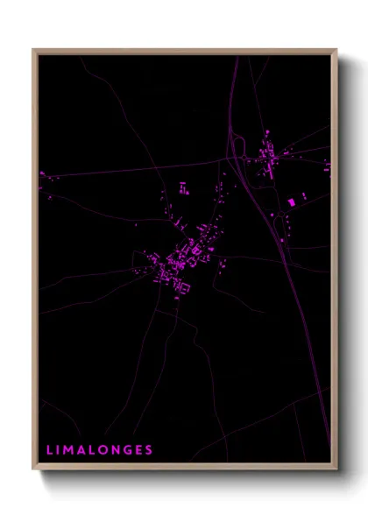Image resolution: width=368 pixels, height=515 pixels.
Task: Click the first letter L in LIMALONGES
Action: pos(49,450)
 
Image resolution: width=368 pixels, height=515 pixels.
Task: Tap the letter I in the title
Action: pos(59,450)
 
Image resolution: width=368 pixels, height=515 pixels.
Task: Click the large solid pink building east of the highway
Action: pos(292,202)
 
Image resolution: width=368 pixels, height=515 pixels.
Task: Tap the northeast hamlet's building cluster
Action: pos(267,158)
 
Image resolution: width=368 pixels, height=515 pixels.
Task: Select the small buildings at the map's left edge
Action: pos(44,176)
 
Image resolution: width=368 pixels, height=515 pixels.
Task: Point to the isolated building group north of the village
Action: pos(184,187)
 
